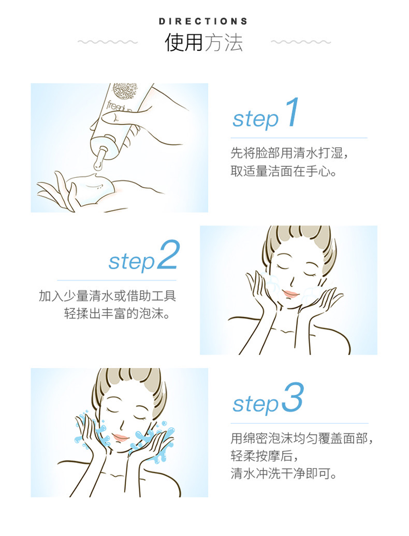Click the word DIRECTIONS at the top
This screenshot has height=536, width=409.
[203, 21]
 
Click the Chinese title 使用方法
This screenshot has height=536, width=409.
[204, 43]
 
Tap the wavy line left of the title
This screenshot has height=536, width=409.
[108, 42]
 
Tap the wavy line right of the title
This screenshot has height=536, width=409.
[301, 42]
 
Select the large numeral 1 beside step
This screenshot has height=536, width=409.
[293, 112]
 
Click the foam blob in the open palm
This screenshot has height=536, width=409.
[92, 187]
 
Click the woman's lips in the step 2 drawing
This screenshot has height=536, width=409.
[291, 293]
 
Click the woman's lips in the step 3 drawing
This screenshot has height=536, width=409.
[121, 437]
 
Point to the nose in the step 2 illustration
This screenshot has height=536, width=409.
[292, 282]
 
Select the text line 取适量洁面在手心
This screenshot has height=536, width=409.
[284, 171]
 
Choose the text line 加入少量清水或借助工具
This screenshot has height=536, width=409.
[108, 295]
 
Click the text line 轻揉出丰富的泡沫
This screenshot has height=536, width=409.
[117, 313]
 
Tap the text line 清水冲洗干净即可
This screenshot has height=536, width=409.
[284, 473]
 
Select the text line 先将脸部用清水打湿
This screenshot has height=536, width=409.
[289, 153]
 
